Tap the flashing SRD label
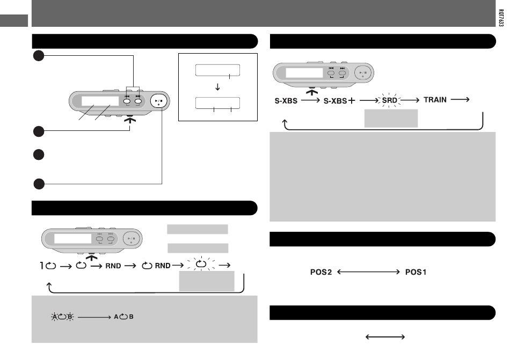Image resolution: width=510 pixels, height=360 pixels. [389, 100]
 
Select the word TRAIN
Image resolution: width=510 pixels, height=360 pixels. [435, 100]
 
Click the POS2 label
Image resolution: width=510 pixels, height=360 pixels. [321, 272]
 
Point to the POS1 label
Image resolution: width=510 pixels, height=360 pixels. [416, 272]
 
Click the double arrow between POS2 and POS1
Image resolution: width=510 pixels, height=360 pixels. [368, 271]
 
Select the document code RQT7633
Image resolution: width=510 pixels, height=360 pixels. [501, 18]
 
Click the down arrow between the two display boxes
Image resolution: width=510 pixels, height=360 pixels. [217, 87]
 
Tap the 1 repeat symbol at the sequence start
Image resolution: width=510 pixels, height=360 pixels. [48, 266]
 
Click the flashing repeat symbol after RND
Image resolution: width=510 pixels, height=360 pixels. [201, 264]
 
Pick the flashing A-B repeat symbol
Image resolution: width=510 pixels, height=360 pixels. [62, 317]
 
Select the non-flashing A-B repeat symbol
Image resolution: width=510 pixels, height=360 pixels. [123, 317]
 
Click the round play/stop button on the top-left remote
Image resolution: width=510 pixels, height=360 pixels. [159, 101]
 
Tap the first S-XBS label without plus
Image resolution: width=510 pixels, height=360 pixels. [286, 101]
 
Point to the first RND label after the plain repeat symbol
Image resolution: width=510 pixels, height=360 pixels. [113, 266]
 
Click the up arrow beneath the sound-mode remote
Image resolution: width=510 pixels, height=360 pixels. [312, 92]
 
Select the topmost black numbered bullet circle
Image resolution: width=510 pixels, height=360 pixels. [39, 56]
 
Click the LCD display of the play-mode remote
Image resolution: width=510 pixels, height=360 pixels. [73, 239]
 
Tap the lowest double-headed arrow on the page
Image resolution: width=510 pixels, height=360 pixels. [385, 337]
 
